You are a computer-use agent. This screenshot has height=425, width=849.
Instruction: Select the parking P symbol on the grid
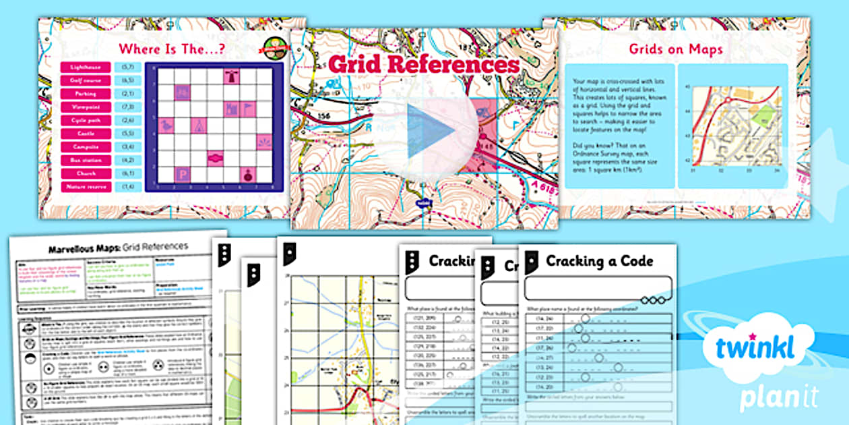coord(182,174)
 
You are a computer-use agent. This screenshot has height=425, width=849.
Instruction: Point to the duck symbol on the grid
coord(166,125)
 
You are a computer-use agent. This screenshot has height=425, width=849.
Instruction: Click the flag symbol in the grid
coord(247,108)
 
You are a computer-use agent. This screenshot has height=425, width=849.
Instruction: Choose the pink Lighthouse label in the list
coord(86,67)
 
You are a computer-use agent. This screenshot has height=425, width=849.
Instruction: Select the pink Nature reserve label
coord(86,186)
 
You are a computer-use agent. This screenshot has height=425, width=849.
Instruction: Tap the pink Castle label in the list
coord(86,134)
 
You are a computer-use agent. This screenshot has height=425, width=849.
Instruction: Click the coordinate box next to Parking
coord(125,94)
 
